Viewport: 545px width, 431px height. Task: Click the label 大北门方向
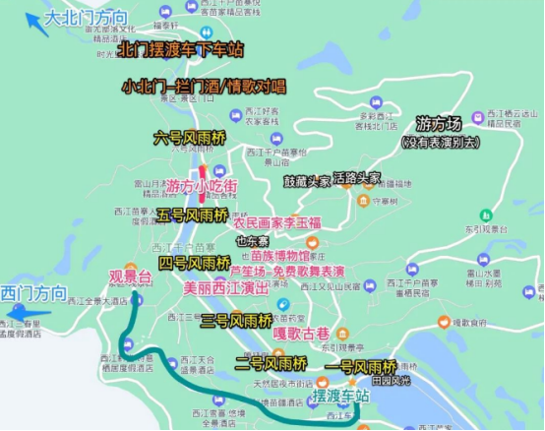[x=86, y=18]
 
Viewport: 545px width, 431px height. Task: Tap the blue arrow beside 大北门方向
[x=38, y=24]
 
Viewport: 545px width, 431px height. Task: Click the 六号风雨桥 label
[x=190, y=137]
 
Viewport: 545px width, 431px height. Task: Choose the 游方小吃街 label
[x=201, y=186]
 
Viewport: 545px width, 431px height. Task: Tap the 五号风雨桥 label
[x=193, y=215]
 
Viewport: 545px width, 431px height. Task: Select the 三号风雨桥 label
[x=236, y=320]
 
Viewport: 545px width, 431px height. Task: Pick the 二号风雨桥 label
[x=272, y=362]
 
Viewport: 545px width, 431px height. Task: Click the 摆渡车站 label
[x=340, y=397]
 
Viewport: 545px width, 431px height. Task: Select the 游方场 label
[x=438, y=125]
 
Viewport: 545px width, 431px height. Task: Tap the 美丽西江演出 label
[x=225, y=289]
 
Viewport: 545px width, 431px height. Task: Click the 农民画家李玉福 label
[x=277, y=223]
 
